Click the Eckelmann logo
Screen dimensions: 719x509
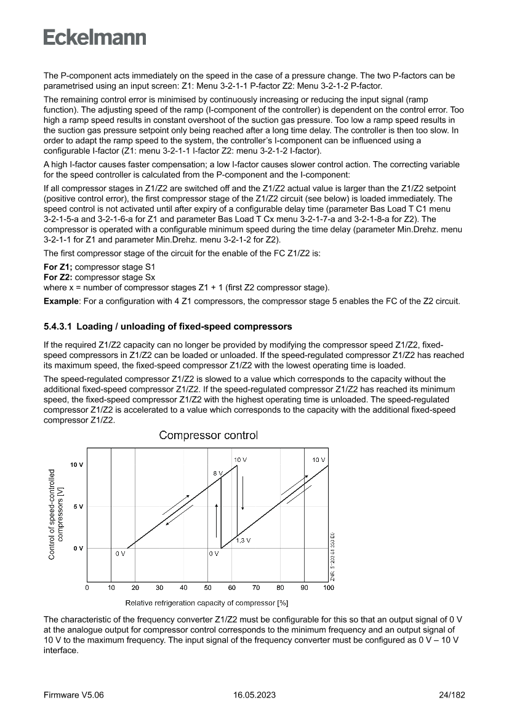coord(95,38)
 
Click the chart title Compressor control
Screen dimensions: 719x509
coord(208,435)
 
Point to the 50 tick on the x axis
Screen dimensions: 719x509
coord(207,588)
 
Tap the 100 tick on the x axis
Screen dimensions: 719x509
coord(328,588)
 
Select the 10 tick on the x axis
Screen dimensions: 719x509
coord(111,588)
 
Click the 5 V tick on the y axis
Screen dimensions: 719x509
coord(77,506)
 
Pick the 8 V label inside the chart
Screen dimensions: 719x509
coord(218,473)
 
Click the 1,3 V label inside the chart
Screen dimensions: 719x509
coord(244,540)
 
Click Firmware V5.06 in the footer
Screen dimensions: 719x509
coord(74,695)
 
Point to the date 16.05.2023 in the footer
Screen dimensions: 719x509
coord(254,695)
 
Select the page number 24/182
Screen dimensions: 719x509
coord(449,695)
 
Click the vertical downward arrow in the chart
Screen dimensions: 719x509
coord(243,492)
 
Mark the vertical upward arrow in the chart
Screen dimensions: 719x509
coord(217,520)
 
